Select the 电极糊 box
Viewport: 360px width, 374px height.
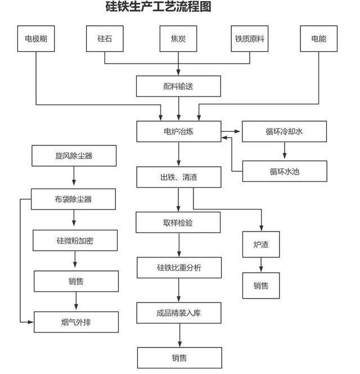[x=36, y=39]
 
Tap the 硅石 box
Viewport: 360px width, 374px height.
[x=105, y=39]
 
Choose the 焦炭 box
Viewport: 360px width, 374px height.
[x=179, y=39]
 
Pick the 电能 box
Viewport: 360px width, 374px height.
[x=319, y=39]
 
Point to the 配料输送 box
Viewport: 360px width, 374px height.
[x=178, y=86]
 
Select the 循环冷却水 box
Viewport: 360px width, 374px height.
[x=284, y=132]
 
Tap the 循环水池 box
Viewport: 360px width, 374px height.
[x=284, y=171]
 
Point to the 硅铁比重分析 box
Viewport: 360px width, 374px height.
[x=179, y=268]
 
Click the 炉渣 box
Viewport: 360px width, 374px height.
[x=261, y=244]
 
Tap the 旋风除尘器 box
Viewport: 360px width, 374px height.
[x=74, y=156]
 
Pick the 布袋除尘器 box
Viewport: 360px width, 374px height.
[x=74, y=199]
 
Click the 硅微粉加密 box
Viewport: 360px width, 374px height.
[x=75, y=241]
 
